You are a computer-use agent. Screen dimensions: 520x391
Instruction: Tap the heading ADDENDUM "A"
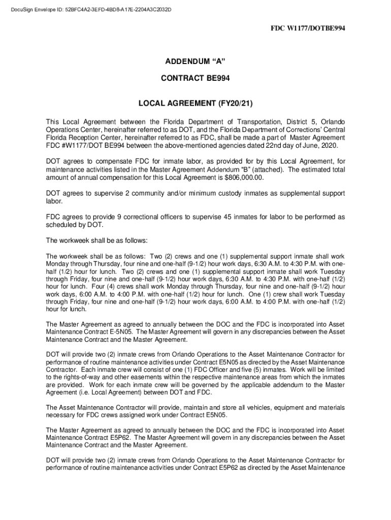(x=195, y=61)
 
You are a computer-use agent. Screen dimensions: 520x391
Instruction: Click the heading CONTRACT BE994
(x=195, y=79)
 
